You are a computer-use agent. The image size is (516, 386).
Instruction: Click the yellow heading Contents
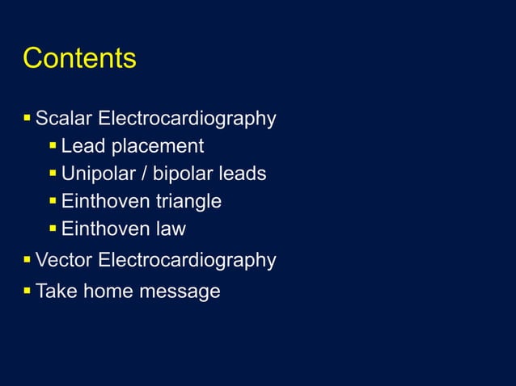(79, 59)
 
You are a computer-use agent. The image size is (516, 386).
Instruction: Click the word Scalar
(64, 120)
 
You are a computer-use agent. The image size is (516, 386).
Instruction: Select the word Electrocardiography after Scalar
(187, 120)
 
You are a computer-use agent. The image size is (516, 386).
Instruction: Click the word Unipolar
(96, 174)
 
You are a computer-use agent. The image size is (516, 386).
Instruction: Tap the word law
(171, 229)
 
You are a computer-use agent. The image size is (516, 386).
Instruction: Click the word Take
(56, 291)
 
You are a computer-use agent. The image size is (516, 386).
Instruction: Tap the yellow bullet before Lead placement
(53, 146)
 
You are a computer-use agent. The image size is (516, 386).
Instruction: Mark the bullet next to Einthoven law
(53, 229)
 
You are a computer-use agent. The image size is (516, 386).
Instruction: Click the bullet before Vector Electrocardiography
(27, 260)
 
